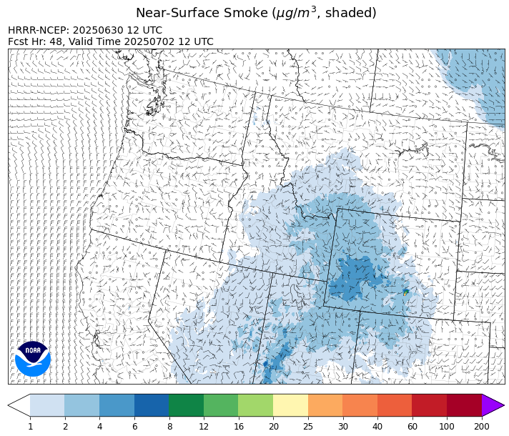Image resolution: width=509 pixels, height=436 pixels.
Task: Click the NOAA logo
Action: (x=33, y=358)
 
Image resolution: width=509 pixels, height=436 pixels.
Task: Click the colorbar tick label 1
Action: (x=30, y=427)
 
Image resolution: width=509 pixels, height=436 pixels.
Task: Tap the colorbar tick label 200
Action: (x=481, y=427)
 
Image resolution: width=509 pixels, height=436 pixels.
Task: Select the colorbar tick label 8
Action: (x=169, y=427)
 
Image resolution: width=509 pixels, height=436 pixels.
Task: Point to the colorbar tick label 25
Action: (x=308, y=427)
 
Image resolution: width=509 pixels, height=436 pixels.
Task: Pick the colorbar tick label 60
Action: (x=412, y=427)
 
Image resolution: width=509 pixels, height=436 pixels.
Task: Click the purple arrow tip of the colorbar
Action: (x=493, y=405)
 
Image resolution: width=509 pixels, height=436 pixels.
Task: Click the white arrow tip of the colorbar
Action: (x=19, y=405)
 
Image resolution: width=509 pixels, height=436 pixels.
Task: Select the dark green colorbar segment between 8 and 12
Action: (x=186, y=405)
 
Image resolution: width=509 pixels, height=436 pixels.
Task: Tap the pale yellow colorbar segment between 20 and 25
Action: (x=290, y=405)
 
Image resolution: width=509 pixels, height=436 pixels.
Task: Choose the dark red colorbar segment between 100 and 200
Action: (x=464, y=405)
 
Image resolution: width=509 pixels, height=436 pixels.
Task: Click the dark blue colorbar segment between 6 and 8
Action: (x=152, y=405)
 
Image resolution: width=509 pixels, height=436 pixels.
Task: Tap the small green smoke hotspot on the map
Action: (x=405, y=292)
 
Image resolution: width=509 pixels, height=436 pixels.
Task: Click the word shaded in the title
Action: (x=348, y=13)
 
